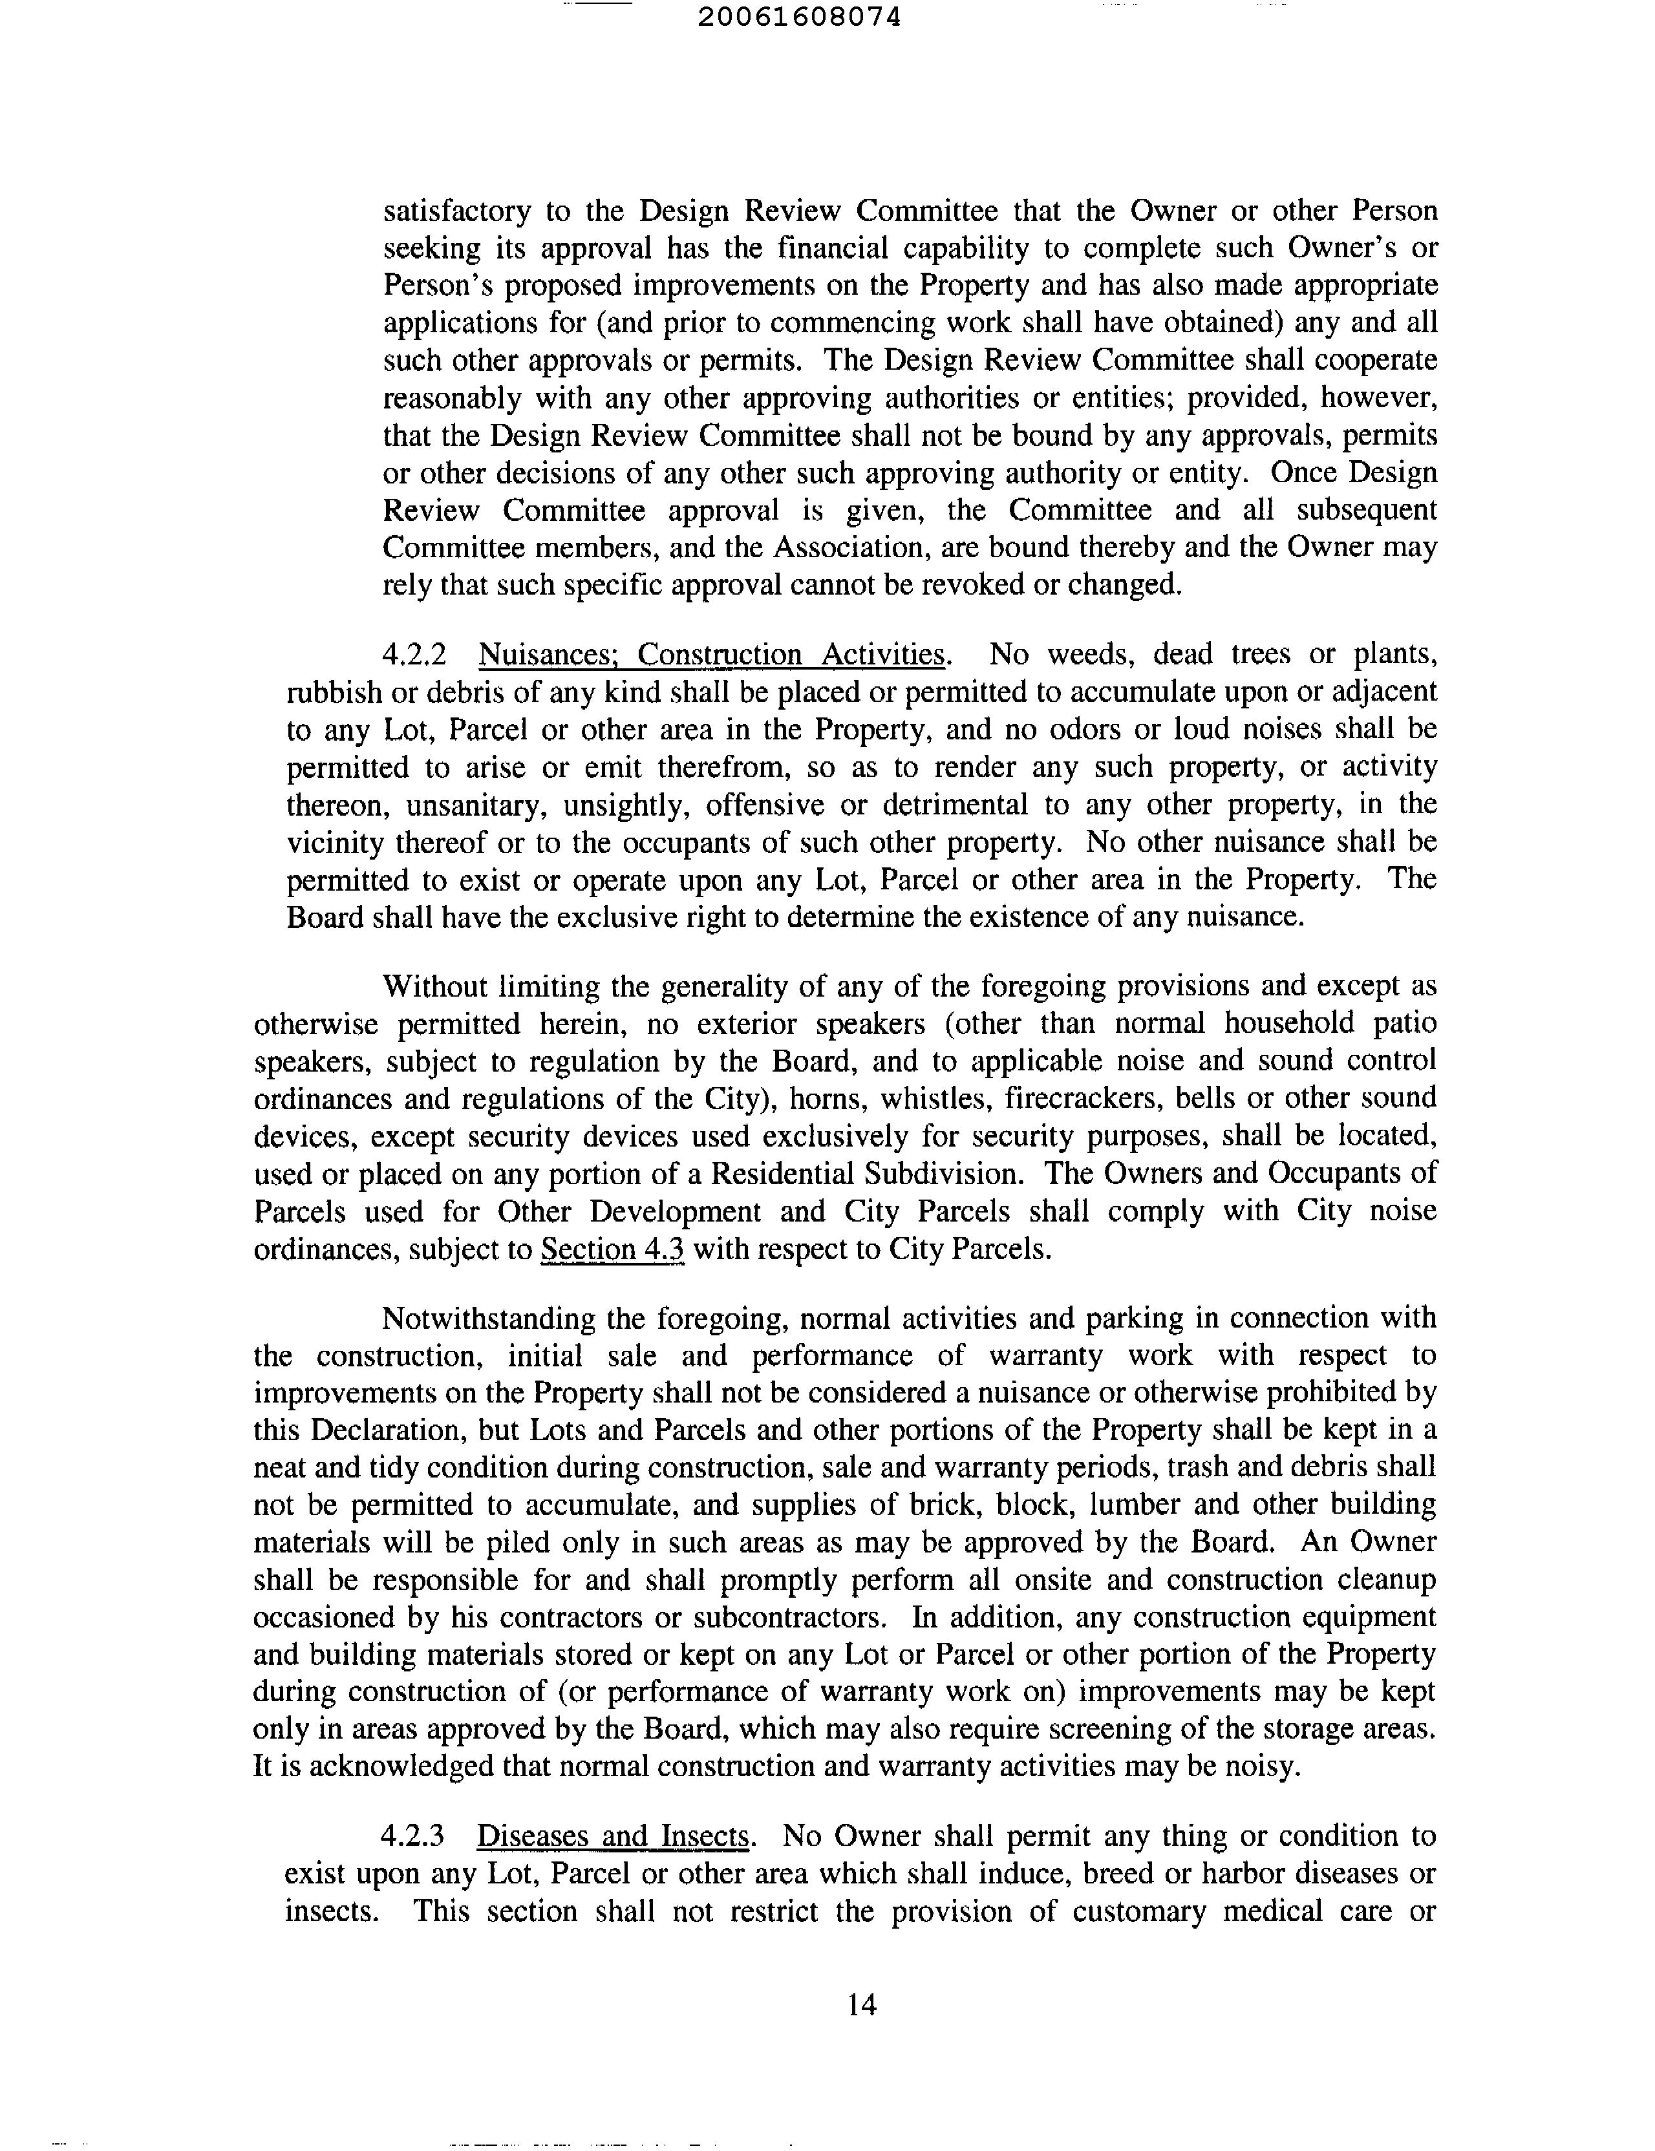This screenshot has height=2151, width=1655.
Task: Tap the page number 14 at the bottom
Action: pos(861,2004)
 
